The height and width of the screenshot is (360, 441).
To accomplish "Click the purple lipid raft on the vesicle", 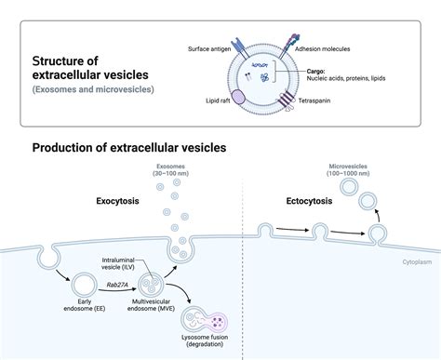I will (x=239, y=96).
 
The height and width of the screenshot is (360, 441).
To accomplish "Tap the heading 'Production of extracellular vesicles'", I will (x=129, y=148).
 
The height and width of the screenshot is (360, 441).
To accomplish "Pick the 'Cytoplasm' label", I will (x=418, y=263).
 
